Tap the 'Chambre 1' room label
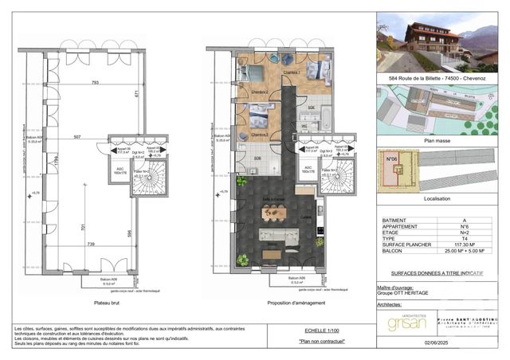(292, 72)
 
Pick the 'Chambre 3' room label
(259, 135)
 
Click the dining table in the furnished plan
(274, 213)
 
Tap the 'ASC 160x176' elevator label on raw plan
(120, 170)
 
